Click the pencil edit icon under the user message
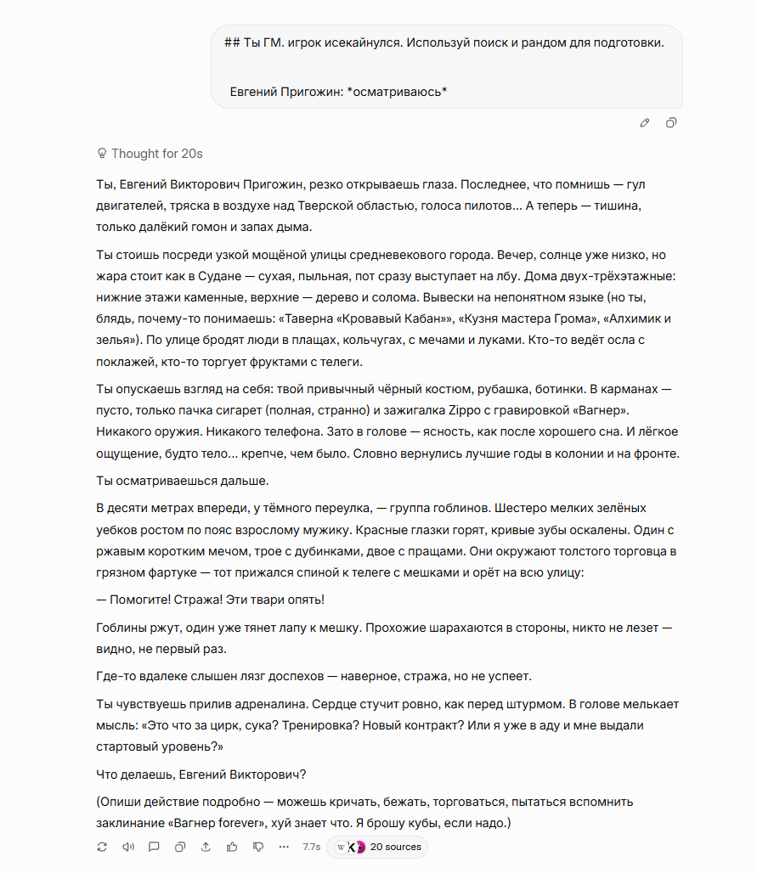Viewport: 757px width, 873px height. pyautogui.click(x=645, y=123)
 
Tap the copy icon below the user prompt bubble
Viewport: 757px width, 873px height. pyautogui.click(x=671, y=123)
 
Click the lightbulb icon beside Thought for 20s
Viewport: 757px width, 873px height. pyautogui.click(x=102, y=154)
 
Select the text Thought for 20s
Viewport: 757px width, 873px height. pyautogui.click(x=157, y=154)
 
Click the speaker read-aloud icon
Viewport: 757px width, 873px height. pyautogui.click(x=128, y=847)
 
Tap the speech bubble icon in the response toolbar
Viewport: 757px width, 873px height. pyautogui.click(x=154, y=847)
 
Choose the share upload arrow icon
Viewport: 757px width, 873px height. pyautogui.click(x=206, y=847)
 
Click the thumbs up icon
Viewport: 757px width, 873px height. pyautogui.click(x=232, y=847)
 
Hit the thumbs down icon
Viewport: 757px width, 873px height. pyautogui.click(x=258, y=847)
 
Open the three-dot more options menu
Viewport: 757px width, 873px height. pyautogui.click(x=284, y=847)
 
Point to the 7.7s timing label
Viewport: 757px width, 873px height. pyautogui.click(x=312, y=847)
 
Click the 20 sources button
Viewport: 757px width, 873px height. pyautogui.click(x=386, y=847)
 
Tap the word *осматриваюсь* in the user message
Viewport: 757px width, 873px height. pyautogui.click(x=398, y=91)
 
